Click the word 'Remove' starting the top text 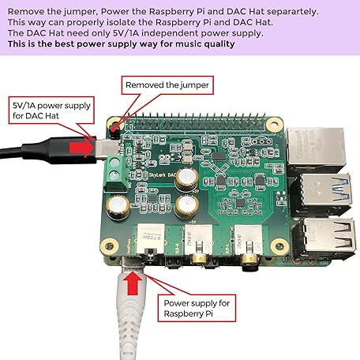tap(24, 11)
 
